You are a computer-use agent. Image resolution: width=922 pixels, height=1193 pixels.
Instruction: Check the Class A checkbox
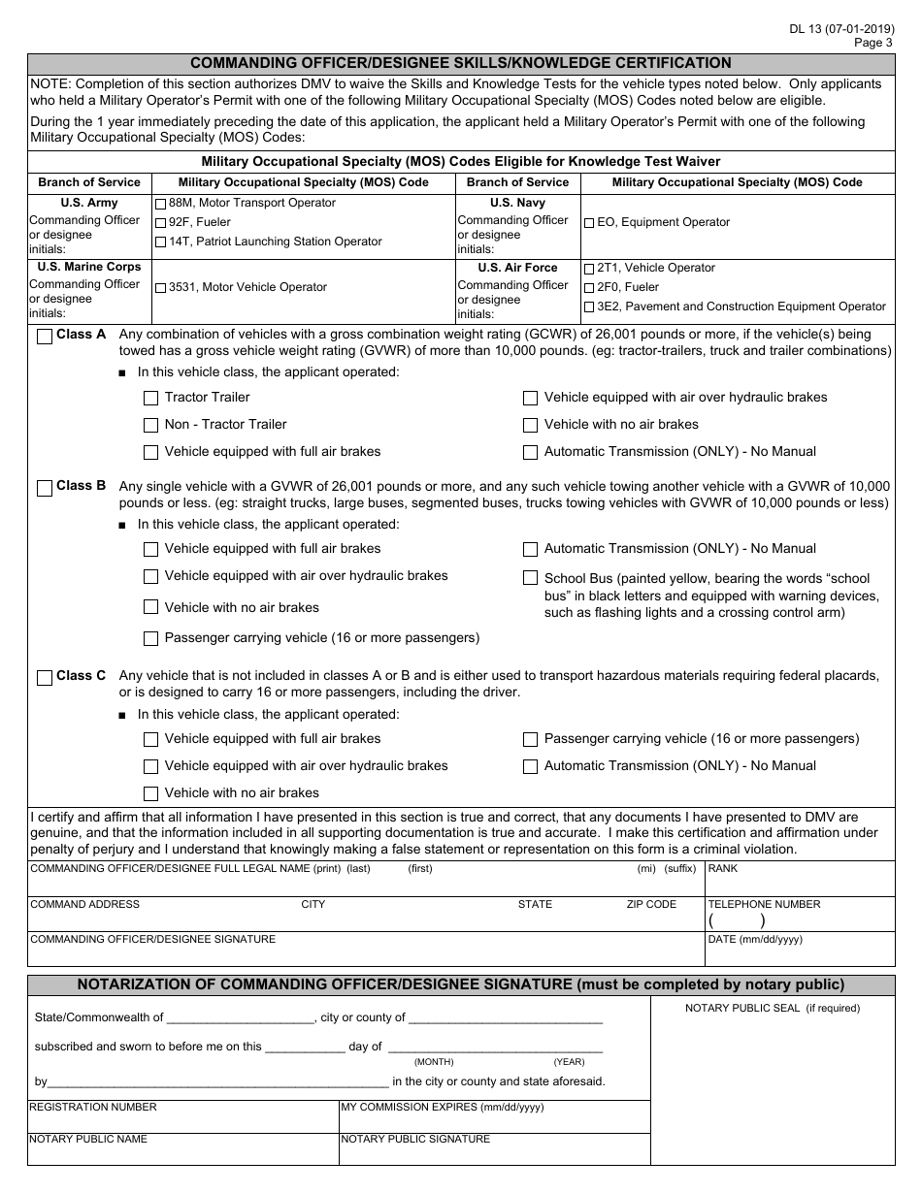pos(45,337)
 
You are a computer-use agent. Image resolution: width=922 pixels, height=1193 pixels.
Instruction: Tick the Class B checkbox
pos(45,488)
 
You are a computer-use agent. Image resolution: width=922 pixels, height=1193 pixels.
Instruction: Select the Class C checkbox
pos(45,678)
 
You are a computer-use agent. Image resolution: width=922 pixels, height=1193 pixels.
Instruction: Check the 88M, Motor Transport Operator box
pos(161,204)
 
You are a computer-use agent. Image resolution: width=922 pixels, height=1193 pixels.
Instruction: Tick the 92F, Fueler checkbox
pos(161,223)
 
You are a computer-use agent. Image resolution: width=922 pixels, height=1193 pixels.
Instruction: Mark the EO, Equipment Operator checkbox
pos(589,223)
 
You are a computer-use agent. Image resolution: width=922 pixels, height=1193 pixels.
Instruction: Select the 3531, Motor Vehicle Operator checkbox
pos(161,288)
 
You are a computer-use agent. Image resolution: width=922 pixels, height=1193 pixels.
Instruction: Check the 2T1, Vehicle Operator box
pos(589,269)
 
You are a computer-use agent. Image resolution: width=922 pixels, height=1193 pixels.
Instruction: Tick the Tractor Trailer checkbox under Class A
pos(150,398)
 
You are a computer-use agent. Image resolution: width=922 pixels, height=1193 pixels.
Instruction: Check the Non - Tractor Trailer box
pos(150,425)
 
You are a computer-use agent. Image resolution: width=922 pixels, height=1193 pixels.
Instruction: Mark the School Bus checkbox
pos(530,578)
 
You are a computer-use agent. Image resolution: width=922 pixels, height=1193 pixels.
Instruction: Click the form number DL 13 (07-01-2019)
pos(841,28)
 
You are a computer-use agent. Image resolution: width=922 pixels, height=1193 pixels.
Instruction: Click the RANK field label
pos(723,869)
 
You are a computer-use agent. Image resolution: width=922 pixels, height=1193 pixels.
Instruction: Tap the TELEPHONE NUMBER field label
pos(764,904)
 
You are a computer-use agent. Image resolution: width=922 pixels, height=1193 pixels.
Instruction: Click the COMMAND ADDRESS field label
pos(85,904)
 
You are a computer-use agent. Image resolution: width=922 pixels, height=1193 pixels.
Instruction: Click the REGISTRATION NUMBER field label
pos(93,1107)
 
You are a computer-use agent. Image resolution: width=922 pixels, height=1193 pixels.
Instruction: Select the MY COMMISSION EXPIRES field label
pos(442,1107)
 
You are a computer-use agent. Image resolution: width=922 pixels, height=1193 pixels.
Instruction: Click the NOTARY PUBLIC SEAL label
pos(773,1008)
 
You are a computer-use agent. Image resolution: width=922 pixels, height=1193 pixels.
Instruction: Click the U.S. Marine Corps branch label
pos(89,267)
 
